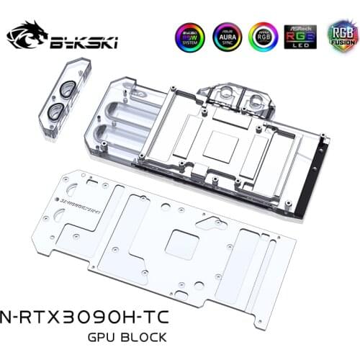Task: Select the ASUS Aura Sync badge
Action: tap(228, 37)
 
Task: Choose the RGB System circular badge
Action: tap(189, 37)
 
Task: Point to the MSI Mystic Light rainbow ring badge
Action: tap(264, 37)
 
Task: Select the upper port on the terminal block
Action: tap(67, 91)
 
